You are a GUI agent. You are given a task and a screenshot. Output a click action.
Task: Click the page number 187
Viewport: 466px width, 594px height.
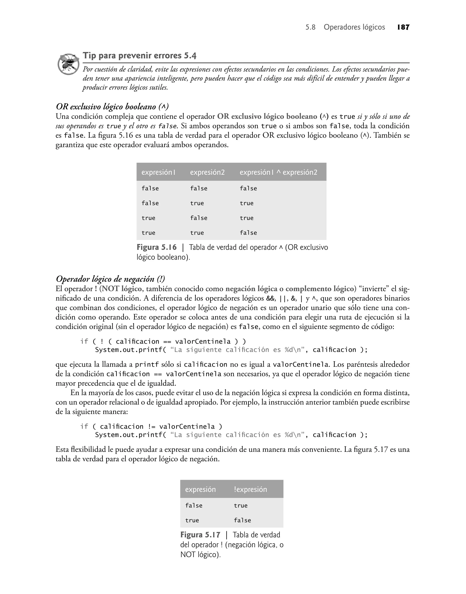[x=403, y=27]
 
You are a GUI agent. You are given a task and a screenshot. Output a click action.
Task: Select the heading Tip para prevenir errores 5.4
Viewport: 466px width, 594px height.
[x=139, y=56]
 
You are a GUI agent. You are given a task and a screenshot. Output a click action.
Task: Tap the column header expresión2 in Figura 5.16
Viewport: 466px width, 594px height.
[x=207, y=172]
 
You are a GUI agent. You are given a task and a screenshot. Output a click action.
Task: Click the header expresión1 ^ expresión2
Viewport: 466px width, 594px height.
[x=278, y=172]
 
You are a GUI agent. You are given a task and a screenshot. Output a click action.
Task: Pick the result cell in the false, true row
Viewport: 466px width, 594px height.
[x=246, y=203]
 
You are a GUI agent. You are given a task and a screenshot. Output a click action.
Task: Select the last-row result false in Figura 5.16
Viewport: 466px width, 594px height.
[x=248, y=233]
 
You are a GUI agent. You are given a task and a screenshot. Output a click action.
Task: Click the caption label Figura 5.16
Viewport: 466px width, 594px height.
[x=157, y=247]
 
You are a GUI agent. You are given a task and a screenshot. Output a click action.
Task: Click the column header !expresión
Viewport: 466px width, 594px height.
[x=250, y=489]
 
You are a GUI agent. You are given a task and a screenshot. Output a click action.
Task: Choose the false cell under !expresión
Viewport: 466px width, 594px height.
[x=242, y=520]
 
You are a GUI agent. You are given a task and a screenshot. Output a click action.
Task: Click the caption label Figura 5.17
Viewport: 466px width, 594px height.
[x=200, y=535]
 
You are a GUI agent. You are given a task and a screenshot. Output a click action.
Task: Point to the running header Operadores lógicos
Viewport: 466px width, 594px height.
[x=354, y=27]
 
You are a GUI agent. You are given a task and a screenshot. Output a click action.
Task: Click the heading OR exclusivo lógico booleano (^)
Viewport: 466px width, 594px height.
[x=112, y=106]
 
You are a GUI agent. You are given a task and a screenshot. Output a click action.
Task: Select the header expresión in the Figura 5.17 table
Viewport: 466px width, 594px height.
[x=200, y=489]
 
